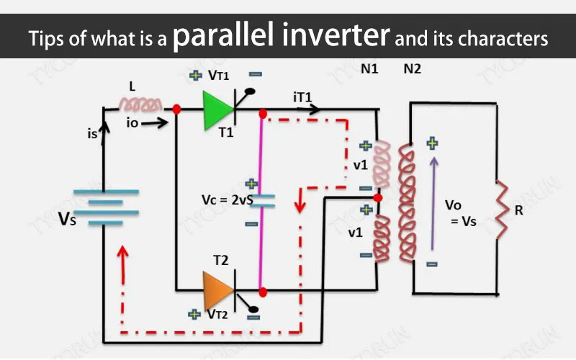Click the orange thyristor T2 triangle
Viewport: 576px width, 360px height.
click(216, 290)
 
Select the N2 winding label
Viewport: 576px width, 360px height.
click(413, 70)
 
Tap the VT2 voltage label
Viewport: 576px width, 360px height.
click(217, 315)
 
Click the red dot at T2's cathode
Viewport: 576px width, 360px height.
click(264, 292)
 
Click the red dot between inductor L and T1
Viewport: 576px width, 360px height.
click(176, 109)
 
